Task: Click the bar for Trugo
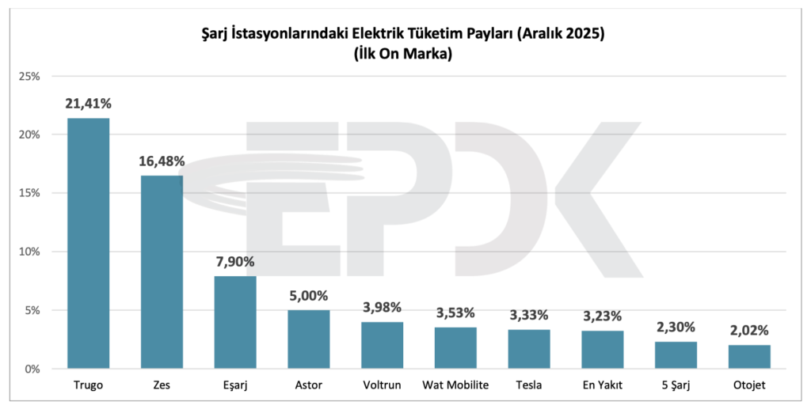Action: click(88, 243)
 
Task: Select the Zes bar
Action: click(162, 271)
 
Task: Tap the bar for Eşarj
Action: click(235, 322)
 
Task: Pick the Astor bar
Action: click(309, 339)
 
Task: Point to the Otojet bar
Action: click(750, 356)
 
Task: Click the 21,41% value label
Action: click(89, 103)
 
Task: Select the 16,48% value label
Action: click(162, 161)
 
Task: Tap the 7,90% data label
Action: click(235, 261)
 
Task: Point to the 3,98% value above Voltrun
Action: click(383, 306)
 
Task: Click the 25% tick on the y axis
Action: click(29, 76)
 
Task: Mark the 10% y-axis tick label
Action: click(29, 252)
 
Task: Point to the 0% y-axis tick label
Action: click(32, 369)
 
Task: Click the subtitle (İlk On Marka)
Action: click(405, 54)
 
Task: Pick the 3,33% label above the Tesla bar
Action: click(529, 314)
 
